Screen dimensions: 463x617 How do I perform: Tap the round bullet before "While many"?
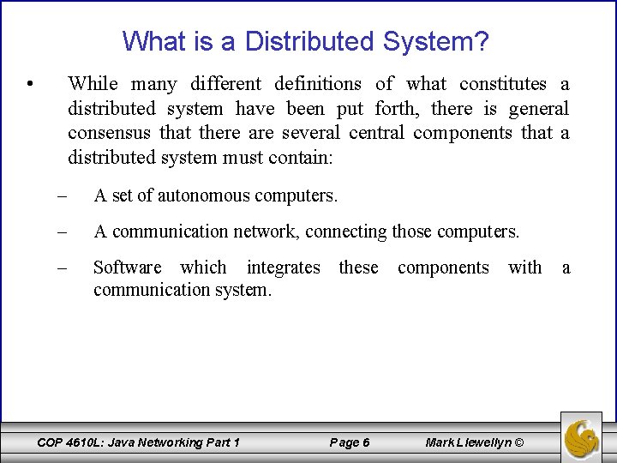[x=30, y=84]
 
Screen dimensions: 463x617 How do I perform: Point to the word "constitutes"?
[x=502, y=83]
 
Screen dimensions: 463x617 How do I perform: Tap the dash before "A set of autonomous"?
[x=63, y=195]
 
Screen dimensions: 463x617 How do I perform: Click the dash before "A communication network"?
[x=63, y=231]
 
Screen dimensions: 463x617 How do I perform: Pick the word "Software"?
[x=128, y=268]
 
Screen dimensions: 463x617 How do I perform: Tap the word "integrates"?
[x=283, y=268]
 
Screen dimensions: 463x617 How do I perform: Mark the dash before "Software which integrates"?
[x=63, y=268]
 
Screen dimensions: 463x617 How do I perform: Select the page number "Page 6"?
[x=350, y=442]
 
